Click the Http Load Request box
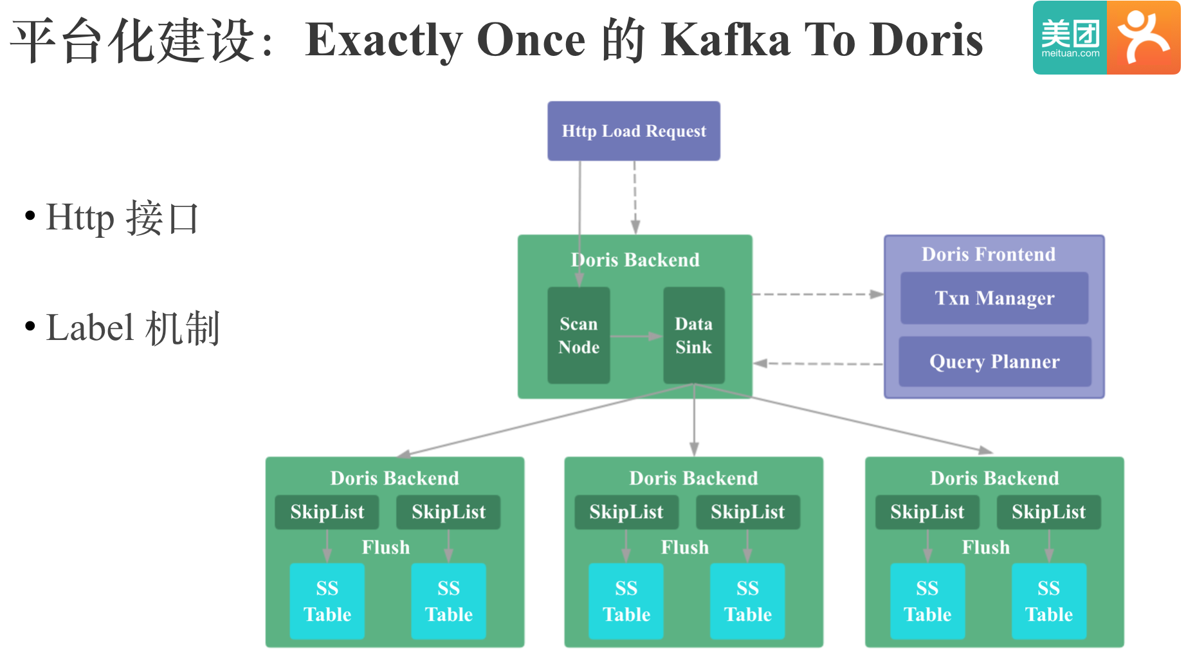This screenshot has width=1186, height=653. coord(634,131)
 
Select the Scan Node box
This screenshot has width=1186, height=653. coord(578,335)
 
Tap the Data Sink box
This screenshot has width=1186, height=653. coord(693,335)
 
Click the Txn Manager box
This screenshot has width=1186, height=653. coord(994,298)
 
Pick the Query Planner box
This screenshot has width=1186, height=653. coord(994,362)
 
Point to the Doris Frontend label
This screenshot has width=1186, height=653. coord(988,255)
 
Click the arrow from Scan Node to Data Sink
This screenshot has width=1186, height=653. coord(635,336)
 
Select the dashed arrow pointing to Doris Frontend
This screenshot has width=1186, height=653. coord(817,294)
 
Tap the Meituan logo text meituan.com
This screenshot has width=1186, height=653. coord(1070,53)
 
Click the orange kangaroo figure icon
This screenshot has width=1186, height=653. coord(1143,37)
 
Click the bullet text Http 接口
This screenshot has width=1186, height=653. coord(122,218)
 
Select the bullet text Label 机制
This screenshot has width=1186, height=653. coord(132,328)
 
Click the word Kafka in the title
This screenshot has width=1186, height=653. coord(725,40)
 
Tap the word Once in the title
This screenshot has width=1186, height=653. coord(531,40)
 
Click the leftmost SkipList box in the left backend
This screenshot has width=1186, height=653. coord(327,512)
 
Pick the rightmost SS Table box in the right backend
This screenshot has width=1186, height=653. coord(1048,601)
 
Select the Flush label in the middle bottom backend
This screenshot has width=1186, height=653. coord(684,548)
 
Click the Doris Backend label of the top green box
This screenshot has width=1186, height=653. coord(635,260)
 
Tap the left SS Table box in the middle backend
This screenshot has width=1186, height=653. coord(626,601)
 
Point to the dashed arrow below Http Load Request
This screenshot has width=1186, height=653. coord(635,196)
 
